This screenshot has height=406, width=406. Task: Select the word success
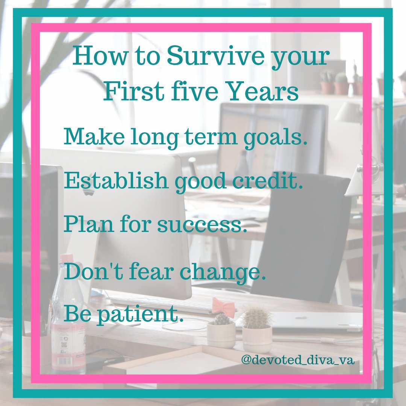point(202,226)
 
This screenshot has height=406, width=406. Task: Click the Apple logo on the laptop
point(301,318)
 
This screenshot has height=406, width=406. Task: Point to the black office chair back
point(301,233)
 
